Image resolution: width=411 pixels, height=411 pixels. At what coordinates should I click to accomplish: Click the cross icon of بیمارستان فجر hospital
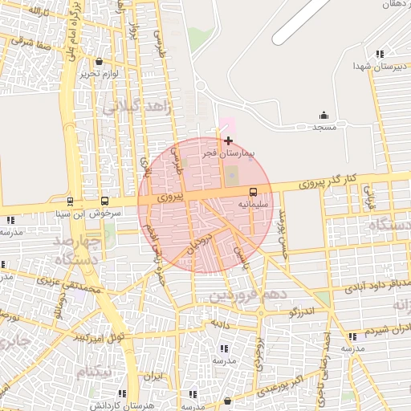pos(229,140)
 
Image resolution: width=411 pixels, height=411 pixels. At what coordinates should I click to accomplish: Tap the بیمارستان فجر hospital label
pos(226,152)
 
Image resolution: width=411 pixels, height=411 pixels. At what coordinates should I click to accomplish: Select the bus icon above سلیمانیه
pos(254,192)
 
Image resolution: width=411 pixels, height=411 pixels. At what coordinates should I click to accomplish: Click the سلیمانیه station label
pos(251,204)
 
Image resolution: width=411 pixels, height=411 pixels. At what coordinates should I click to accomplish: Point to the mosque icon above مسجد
pos(324,115)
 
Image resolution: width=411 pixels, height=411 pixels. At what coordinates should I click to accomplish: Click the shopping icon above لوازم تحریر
pos(99,62)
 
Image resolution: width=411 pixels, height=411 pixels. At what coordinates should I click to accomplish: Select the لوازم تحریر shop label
pos(99,74)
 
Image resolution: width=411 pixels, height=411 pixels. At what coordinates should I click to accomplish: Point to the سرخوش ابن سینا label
pos(80,214)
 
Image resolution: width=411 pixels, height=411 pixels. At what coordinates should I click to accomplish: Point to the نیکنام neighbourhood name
pos(94,374)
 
